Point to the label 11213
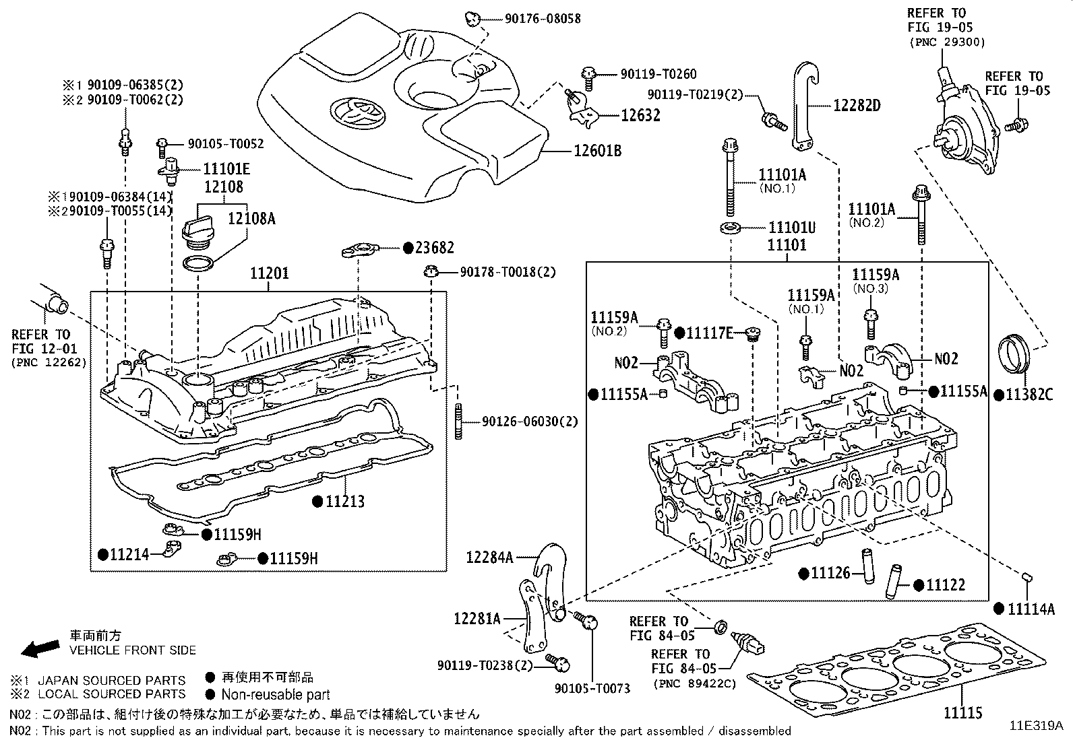click(x=344, y=502)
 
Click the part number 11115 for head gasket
click(x=962, y=712)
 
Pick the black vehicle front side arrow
click(x=39, y=648)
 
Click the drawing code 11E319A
click(x=1035, y=726)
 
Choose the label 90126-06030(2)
click(x=530, y=422)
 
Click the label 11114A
click(x=1031, y=609)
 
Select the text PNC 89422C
click(x=694, y=684)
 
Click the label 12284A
click(x=490, y=558)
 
